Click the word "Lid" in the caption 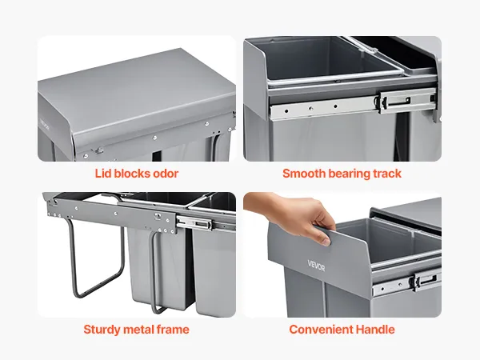102,174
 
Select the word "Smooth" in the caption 304,174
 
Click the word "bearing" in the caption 350,174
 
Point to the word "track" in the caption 387,174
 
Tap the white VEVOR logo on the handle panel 316,266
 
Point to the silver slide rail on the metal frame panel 206,224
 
